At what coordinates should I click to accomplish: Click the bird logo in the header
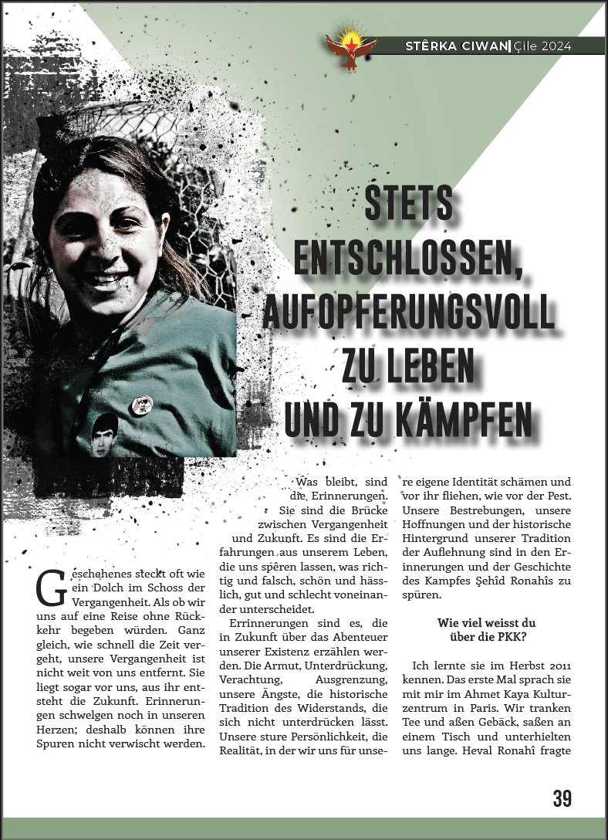[x=351, y=47]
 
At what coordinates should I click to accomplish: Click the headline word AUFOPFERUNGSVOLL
[x=408, y=313]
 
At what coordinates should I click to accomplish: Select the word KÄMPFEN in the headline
[x=471, y=419]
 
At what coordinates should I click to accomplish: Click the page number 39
[x=562, y=799]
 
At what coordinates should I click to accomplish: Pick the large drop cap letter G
[x=51, y=589]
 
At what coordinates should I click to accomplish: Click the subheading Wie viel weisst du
[x=486, y=622]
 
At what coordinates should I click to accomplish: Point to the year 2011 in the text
[x=554, y=665]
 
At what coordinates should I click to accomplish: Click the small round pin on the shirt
[x=143, y=403]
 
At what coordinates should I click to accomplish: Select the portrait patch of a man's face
[x=105, y=435]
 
